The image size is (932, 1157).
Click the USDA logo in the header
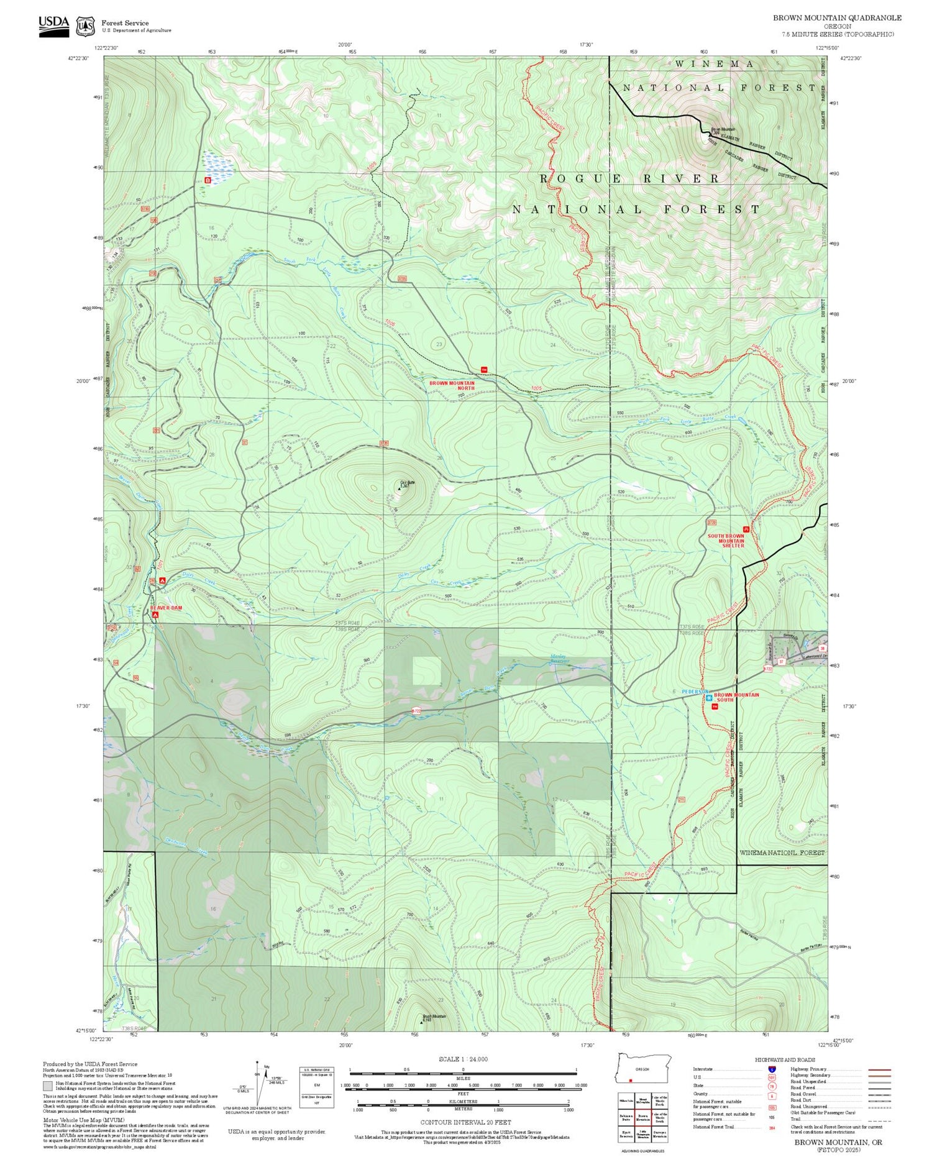(53, 25)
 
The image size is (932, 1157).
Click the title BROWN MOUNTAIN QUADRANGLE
(837, 18)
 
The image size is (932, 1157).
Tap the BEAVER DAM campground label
(166, 607)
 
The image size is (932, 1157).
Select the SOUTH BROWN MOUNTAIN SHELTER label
(725, 541)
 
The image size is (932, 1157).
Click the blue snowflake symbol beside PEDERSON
(709, 698)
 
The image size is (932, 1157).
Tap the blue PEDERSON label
(695, 691)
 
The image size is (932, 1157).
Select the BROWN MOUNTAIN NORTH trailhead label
(452, 385)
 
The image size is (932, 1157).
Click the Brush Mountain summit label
(434, 1018)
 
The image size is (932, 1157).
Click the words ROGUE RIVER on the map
(629, 179)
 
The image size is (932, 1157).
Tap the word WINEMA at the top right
(715, 64)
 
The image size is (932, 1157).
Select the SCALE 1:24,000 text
(463, 1059)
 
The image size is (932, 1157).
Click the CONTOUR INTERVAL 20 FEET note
(465, 1122)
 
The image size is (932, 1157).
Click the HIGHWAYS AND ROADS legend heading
(785, 1059)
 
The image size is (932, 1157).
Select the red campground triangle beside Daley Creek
(162, 580)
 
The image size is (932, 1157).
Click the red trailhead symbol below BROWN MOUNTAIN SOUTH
(715, 707)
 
